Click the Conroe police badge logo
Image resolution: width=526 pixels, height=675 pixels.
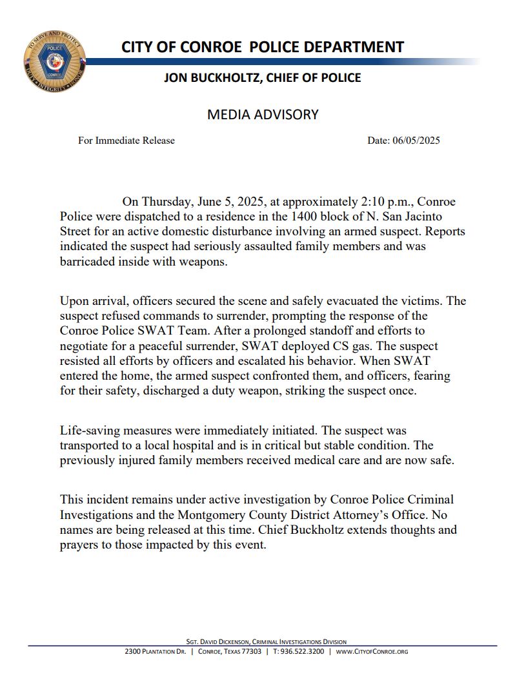pyautogui.click(x=54, y=63)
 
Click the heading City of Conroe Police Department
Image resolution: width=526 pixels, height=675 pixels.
pyautogui.click(x=262, y=47)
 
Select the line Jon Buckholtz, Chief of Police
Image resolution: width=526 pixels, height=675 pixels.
pyautogui.click(x=262, y=78)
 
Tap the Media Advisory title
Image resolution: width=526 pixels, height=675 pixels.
pyautogui.click(x=263, y=115)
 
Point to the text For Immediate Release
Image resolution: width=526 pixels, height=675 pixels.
pyautogui.click(x=126, y=141)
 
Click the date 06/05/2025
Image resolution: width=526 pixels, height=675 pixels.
pyautogui.click(x=416, y=141)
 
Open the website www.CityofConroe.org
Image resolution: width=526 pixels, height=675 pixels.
pyautogui.click(x=372, y=652)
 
